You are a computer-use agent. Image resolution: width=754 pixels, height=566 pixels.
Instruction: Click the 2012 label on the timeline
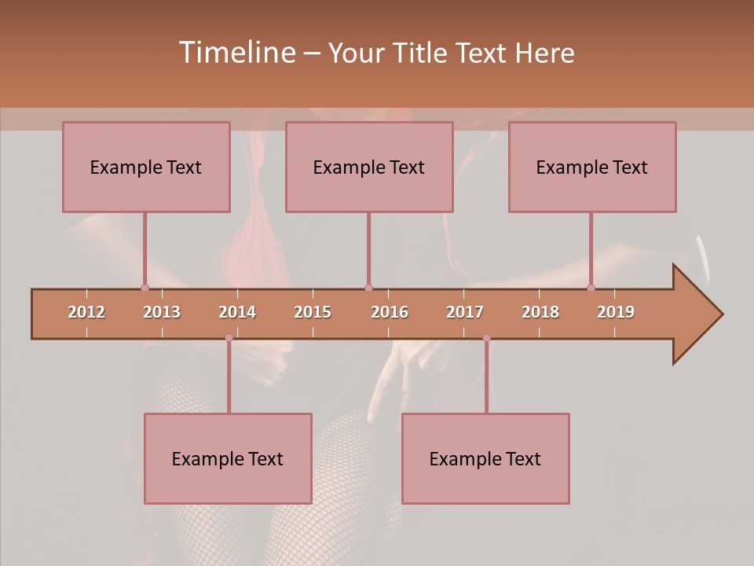point(86,312)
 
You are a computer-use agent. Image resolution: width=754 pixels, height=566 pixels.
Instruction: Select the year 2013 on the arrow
point(162,312)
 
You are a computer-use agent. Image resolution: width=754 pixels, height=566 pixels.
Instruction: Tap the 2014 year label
point(237,312)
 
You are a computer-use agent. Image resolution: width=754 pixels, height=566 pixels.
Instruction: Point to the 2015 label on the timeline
point(313,312)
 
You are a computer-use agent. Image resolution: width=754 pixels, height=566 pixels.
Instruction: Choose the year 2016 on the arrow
point(390,312)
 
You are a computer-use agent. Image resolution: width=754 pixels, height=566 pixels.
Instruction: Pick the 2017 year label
point(465,312)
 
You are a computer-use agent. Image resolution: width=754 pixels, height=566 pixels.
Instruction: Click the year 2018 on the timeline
point(540,312)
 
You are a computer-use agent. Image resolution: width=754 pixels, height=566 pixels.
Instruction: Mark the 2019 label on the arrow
point(616,312)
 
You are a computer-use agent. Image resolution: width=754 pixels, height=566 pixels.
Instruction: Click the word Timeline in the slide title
point(236,53)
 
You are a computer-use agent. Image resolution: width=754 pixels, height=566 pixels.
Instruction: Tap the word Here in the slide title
point(544,53)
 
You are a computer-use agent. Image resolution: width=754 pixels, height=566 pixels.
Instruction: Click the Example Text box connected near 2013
point(146,167)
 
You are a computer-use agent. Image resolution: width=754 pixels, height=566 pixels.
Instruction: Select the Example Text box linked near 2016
point(369,167)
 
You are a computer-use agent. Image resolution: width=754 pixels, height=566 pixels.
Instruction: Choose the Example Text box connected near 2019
point(592,167)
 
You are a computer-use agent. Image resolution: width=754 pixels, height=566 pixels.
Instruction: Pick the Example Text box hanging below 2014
point(228,458)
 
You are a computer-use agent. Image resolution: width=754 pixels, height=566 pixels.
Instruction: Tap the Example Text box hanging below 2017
point(485,458)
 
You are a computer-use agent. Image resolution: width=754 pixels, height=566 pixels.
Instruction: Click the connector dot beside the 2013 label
point(145,288)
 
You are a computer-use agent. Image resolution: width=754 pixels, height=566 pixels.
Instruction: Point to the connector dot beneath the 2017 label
point(486,338)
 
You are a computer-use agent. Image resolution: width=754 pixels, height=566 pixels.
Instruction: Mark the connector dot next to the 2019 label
point(591,288)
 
